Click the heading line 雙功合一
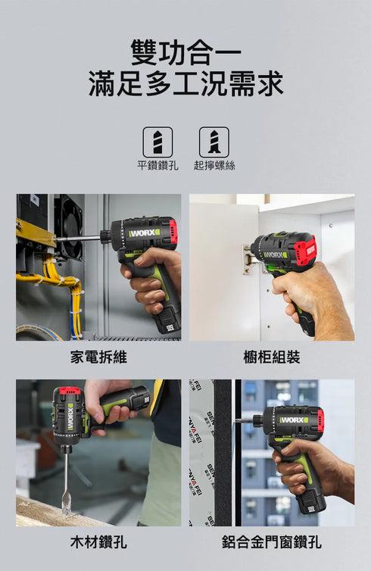[x=185, y=54]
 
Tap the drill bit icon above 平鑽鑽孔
[x=157, y=142]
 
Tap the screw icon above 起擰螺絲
[x=214, y=142]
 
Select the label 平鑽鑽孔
[x=157, y=165]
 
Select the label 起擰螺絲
[x=214, y=165]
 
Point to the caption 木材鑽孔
[x=98, y=542]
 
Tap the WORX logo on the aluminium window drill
[x=293, y=420]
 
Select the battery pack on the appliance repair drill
[x=167, y=321]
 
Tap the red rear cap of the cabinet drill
[x=304, y=250]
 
